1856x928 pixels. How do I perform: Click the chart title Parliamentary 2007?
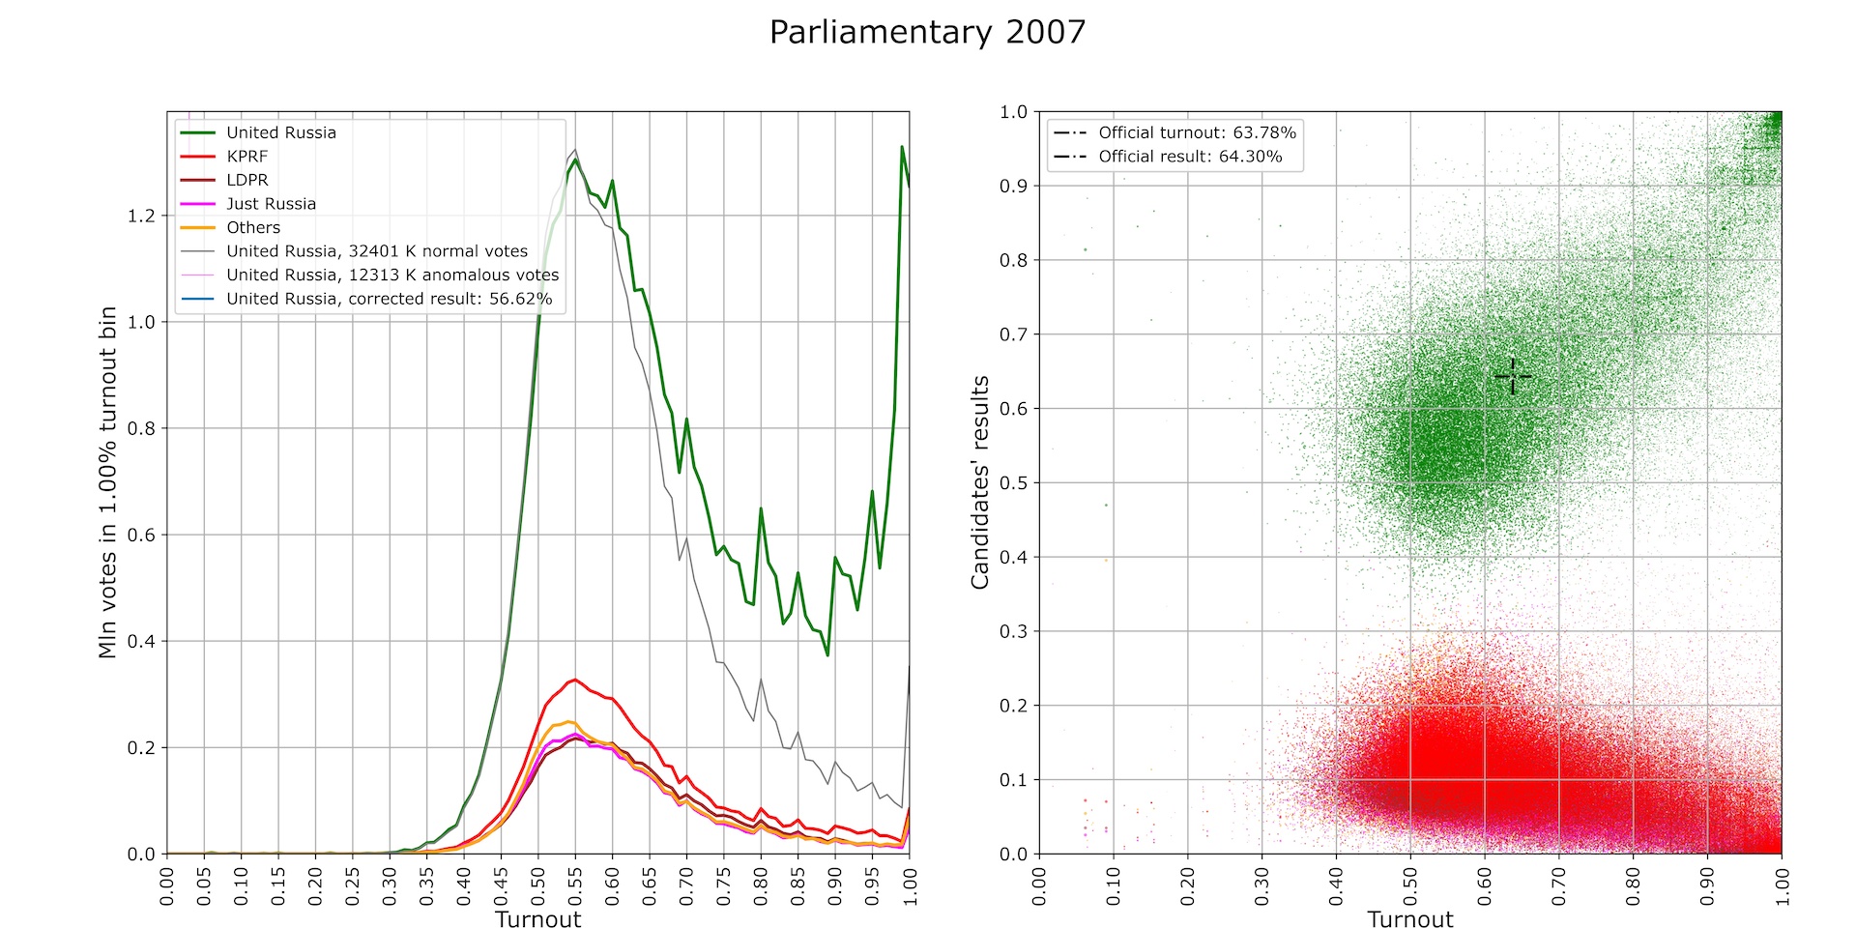tap(927, 33)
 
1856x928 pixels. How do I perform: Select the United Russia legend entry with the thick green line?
tap(280, 132)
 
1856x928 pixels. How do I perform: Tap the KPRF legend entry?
tap(246, 157)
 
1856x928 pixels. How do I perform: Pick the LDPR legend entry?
tap(246, 180)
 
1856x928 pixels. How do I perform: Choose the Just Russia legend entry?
tap(271, 204)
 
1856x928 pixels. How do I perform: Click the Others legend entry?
tap(253, 228)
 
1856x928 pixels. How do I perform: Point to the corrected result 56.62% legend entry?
tap(389, 299)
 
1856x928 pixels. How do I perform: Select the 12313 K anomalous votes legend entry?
tap(392, 275)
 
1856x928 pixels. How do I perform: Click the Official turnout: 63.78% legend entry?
tap(1197, 132)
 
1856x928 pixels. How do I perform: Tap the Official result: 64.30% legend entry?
tap(1190, 157)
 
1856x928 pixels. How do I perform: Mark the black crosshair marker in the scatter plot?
tap(1513, 376)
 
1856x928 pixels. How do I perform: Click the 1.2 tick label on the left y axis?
tap(141, 216)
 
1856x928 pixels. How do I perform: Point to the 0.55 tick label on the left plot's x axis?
tap(575, 885)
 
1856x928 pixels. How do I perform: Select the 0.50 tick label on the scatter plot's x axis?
tap(1410, 885)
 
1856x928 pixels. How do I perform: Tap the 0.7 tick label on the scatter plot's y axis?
tap(1013, 334)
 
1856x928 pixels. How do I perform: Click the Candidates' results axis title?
tap(980, 482)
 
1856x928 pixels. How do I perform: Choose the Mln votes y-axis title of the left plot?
tap(107, 482)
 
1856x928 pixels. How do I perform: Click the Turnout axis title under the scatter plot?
tap(1409, 919)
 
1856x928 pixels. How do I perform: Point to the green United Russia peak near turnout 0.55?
tap(575, 159)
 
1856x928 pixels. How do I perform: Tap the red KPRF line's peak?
tap(575, 680)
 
